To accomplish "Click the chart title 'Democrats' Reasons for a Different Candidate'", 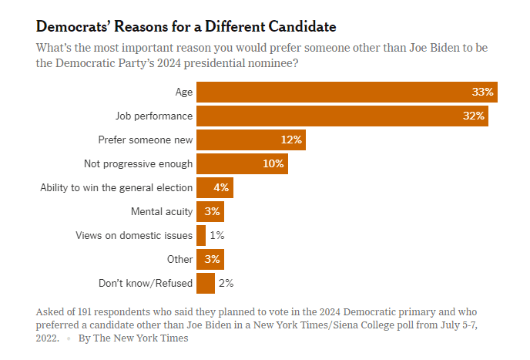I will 186,26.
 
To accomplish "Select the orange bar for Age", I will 347,93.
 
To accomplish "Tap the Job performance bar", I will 342,116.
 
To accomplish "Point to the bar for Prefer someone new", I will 251,140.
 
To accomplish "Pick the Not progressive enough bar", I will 242,164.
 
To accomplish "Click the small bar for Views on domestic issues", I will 201,235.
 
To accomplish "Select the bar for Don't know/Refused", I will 206,283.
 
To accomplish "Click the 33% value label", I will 482,93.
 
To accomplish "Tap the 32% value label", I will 473,116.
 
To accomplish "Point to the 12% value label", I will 291,140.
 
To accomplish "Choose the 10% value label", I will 273,164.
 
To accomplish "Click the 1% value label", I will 217,235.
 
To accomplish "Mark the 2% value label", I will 226,283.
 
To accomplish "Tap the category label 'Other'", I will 179,259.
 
